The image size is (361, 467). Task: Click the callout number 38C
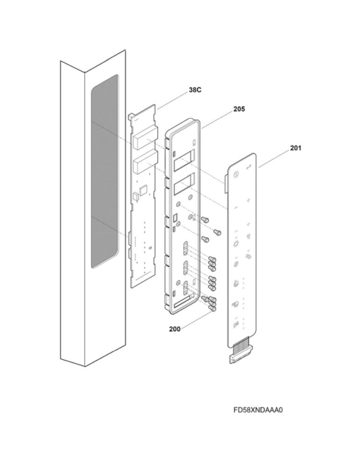tap(195, 89)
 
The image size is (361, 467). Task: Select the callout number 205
tap(239, 109)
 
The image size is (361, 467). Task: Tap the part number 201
tap(296, 148)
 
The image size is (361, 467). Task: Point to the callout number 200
tap(174, 329)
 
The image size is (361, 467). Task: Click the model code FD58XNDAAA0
tap(258, 410)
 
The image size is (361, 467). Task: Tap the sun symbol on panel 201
tap(236, 245)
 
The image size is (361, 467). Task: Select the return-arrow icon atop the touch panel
tap(249, 167)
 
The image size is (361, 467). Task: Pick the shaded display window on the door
tap(105, 171)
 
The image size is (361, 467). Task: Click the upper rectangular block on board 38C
tap(145, 137)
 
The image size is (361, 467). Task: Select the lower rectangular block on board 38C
tap(145, 162)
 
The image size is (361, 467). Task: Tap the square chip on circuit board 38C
tap(144, 190)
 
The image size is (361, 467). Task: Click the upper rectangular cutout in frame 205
tap(184, 160)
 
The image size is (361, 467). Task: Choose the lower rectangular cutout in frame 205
tap(184, 184)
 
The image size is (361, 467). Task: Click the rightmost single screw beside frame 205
tap(217, 232)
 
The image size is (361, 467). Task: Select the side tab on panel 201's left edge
tap(226, 183)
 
